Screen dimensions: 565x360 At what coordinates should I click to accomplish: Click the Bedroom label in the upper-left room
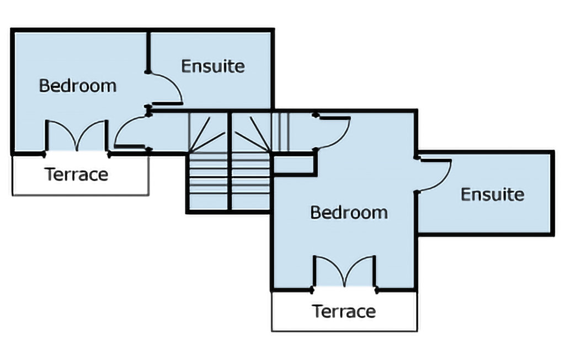point(77,86)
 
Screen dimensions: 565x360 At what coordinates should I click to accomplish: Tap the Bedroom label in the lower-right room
point(349,212)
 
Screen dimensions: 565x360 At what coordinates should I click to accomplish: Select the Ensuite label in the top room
point(213,66)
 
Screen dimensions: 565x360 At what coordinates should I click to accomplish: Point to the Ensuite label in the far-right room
point(493,194)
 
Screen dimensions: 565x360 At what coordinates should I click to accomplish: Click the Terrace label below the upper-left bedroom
point(77,174)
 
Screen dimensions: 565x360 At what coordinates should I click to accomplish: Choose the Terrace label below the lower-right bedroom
point(344,311)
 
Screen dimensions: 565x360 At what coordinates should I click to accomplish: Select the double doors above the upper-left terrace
point(76,136)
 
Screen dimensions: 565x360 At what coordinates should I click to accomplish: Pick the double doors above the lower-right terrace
point(345,272)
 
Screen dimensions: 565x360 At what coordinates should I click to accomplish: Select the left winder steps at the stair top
point(208,133)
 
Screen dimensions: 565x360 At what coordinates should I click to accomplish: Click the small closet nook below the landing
point(294,165)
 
